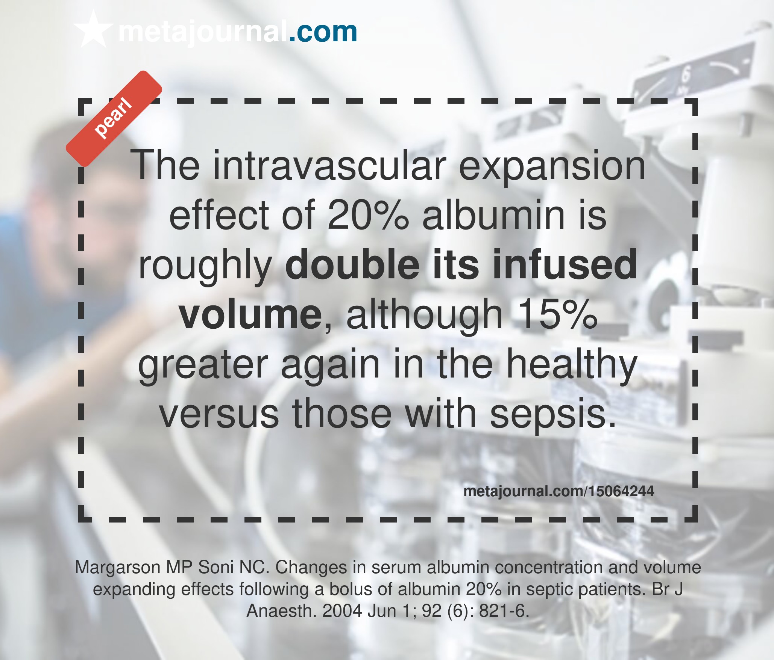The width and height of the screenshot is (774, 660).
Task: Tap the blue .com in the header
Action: [x=323, y=32]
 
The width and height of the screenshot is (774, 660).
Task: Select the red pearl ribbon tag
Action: [x=114, y=118]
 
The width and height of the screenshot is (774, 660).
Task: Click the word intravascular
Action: [x=329, y=165]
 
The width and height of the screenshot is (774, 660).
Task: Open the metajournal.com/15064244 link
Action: [x=558, y=491]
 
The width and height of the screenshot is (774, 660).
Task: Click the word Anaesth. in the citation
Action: [x=282, y=611]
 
